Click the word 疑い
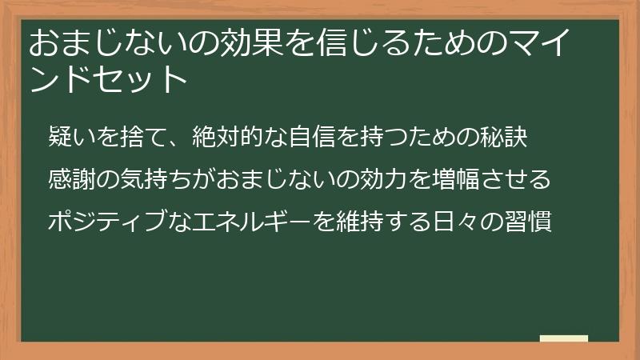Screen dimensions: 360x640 point(71,138)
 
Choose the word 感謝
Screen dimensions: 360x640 point(71,179)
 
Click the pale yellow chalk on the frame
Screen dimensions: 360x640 point(564,339)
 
